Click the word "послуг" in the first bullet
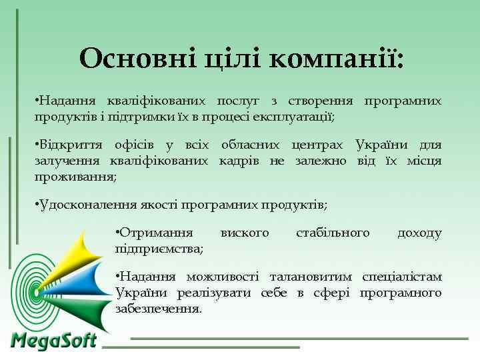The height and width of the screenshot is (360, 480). point(237,101)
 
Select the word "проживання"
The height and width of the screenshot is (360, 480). point(75,177)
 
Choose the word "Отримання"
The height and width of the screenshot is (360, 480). point(155,233)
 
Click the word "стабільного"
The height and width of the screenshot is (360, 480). point(333,233)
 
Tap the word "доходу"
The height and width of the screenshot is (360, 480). point(419,233)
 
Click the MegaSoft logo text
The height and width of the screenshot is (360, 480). point(53,341)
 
